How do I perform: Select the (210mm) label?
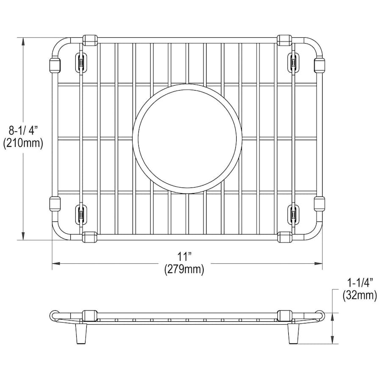point(23,144)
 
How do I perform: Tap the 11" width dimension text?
point(185,257)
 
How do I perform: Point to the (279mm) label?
point(184,269)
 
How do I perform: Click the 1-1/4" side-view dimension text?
point(359,283)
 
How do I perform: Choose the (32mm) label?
point(359,295)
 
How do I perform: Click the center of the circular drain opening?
point(185,139)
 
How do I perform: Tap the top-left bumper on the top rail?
point(90,40)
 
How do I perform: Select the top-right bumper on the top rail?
point(284,40)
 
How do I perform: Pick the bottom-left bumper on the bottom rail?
point(90,237)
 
